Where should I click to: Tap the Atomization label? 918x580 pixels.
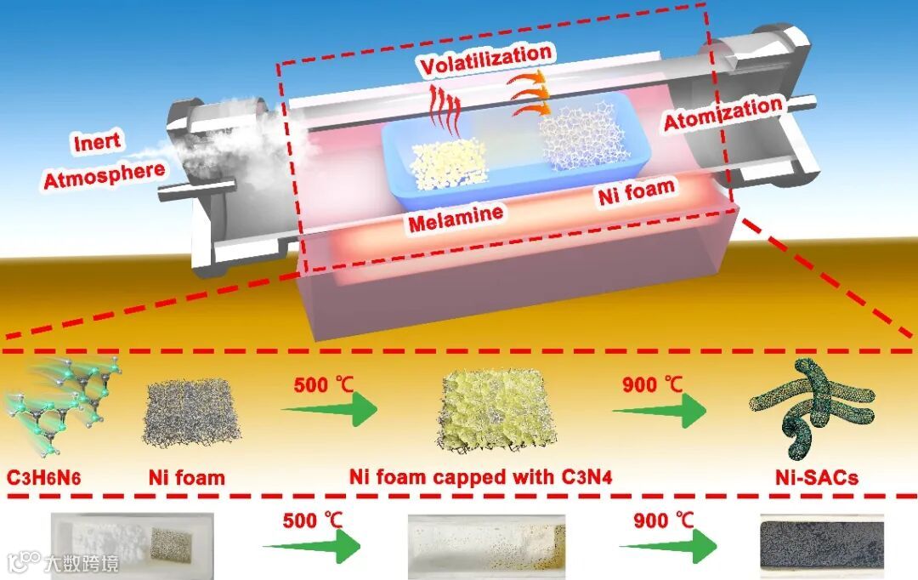(x=722, y=114)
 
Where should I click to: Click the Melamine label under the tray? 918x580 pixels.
(x=454, y=218)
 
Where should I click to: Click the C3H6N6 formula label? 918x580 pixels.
(x=52, y=476)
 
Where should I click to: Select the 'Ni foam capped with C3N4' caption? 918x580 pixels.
(x=481, y=476)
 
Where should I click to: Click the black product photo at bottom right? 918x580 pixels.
(x=820, y=544)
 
